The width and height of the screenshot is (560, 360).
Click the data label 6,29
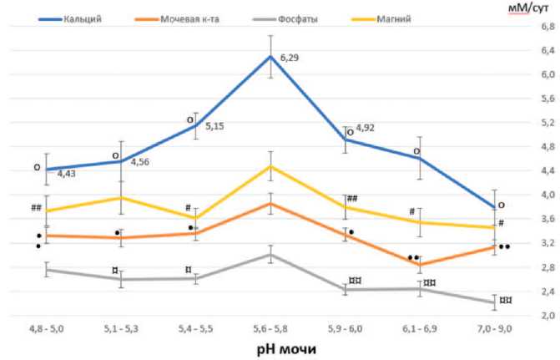point(290,58)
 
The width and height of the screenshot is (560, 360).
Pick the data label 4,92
point(366,129)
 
